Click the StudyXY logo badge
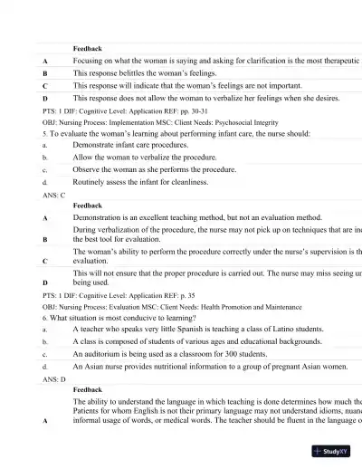[x=331, y=450]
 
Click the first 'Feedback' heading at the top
[x=87, y=48]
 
